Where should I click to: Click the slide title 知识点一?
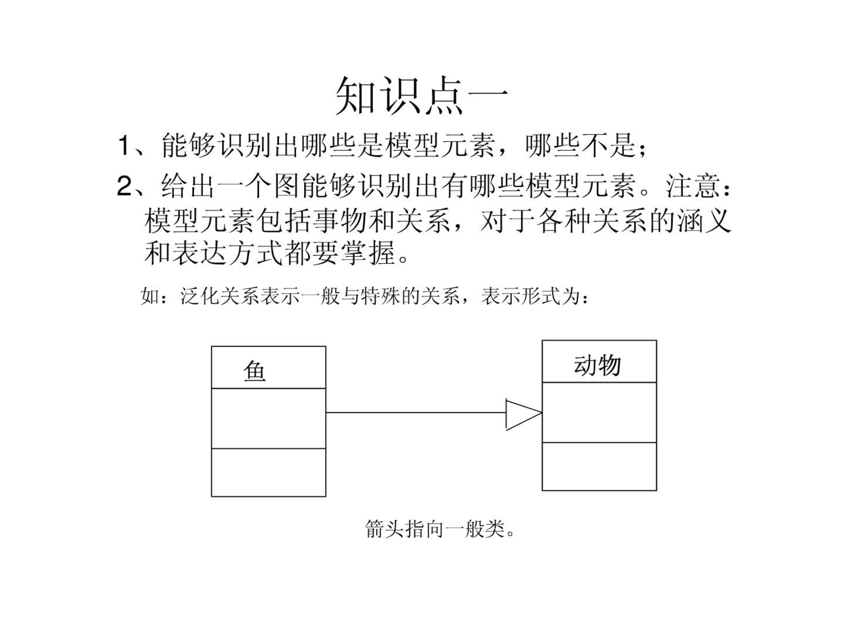[422, 95]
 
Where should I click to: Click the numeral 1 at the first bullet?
[124, 146]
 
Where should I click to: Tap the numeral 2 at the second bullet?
[124, 186]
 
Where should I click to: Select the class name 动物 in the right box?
[597, 365]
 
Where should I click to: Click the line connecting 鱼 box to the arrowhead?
[416, 413]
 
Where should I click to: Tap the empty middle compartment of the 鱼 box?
[269, 418]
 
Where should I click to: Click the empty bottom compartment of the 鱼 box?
[269, 473]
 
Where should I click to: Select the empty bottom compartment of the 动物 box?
[599, 466]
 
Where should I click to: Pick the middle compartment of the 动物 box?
[599, 412]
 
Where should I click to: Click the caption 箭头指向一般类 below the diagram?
[435, 528]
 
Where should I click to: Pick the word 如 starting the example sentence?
[150, 296]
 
